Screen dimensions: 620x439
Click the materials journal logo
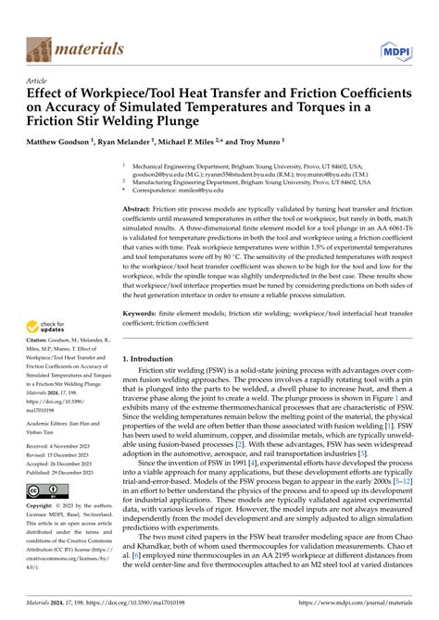pos(73,48)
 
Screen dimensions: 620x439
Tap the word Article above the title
pos(40,81)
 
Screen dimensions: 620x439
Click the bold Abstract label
pos(138,211)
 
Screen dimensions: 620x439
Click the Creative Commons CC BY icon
pos(45,490)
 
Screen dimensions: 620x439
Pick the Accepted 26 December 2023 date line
pos(66,463)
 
